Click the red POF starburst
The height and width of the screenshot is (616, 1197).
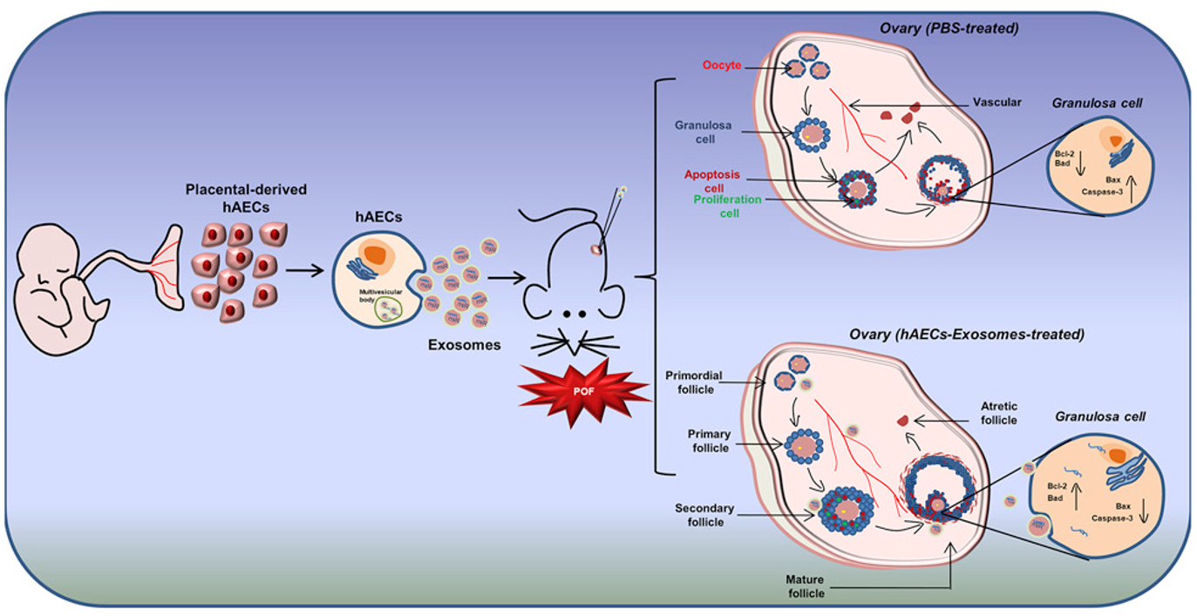coord(583,391)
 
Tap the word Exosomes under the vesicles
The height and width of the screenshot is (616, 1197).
coord(465,345)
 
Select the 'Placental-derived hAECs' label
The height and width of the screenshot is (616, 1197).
coord(246,198)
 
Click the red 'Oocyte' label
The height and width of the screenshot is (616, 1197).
coord(721,65)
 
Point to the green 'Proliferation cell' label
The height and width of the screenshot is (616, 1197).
coord(727,206)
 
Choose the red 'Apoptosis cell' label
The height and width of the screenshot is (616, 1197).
coord(712,181)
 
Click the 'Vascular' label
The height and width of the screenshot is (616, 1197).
coord(996,102)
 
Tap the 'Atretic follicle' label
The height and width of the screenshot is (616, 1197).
coord(999,413)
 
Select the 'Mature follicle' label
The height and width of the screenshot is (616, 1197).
coord(806,586)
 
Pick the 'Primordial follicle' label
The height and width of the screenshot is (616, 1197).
coord(694,382)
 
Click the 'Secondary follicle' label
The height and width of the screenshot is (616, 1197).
coord(704,515)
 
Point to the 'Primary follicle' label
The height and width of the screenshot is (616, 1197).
coord(709,441)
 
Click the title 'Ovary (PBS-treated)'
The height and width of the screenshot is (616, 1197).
coord(949,28)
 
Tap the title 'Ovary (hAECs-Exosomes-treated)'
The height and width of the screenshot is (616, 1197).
coord(967,335)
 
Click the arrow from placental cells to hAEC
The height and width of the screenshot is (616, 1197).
coord(304,271)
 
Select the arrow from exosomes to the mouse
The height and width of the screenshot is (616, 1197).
coord(507,278)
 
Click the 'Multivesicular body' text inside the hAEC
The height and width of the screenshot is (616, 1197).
coord(380,296)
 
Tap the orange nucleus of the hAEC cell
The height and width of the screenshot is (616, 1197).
coord(375,254)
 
